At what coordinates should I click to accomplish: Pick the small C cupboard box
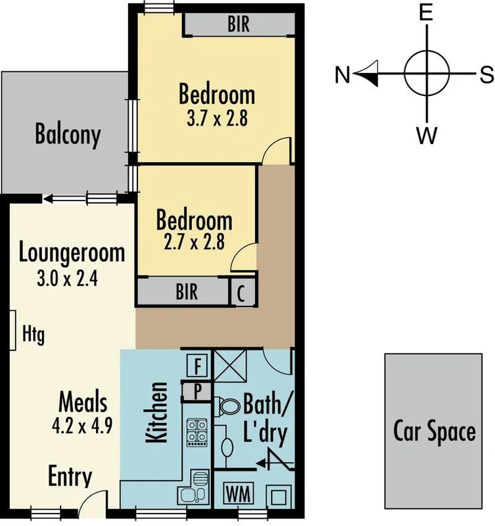click(241, 293)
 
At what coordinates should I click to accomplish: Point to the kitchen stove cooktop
click(197, 431)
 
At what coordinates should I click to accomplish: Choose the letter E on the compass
click(426, 13)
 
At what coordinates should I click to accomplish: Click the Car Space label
click(434, 432)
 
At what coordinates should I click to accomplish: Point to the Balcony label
click(68, 135)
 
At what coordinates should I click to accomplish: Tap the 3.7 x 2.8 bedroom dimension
click(217, 120)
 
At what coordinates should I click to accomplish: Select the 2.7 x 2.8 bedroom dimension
click(193, 242)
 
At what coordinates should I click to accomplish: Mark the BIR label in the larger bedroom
click(239, 26)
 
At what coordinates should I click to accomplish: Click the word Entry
click(70, 477)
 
